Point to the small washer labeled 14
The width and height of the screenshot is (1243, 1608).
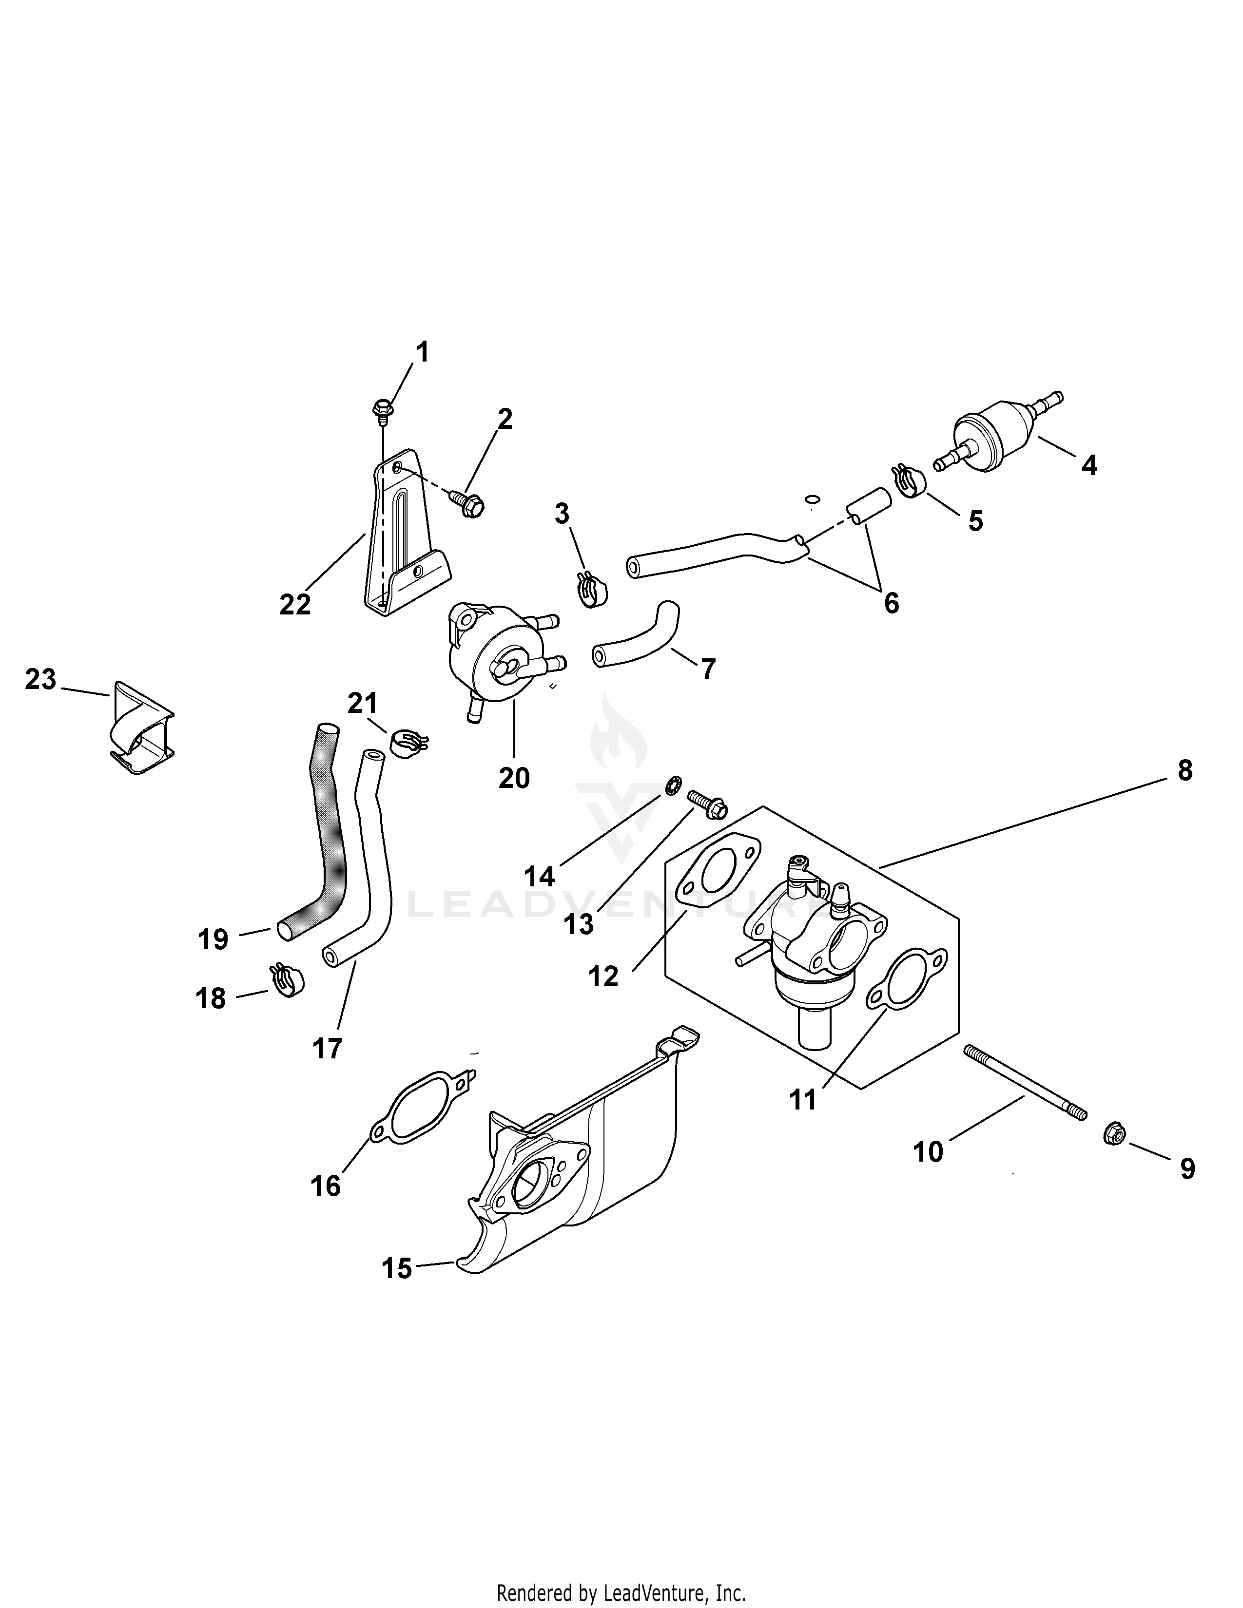coord(672,785)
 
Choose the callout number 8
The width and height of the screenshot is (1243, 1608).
coord(1184,771)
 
